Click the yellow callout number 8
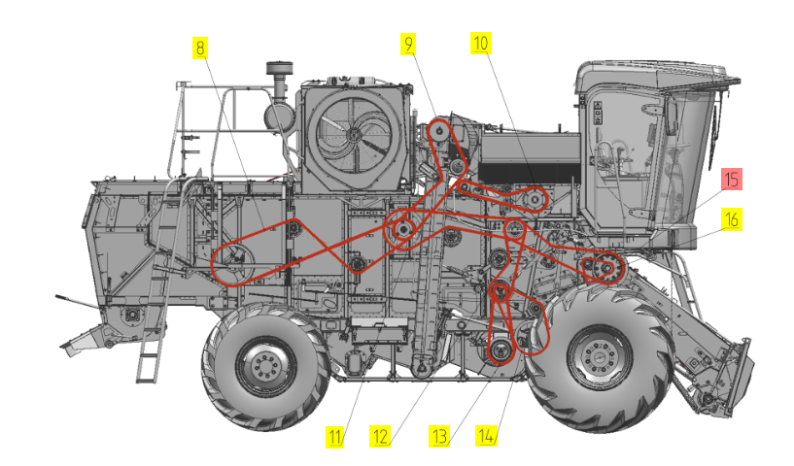point(200,49)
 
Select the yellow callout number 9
point(408,44)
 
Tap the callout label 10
point(480,43)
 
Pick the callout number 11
point(334,437)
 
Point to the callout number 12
point(380,436)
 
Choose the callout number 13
point(439,436)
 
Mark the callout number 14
point(486,435)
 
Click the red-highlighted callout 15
point(731,179)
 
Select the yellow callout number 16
point(731,219)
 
